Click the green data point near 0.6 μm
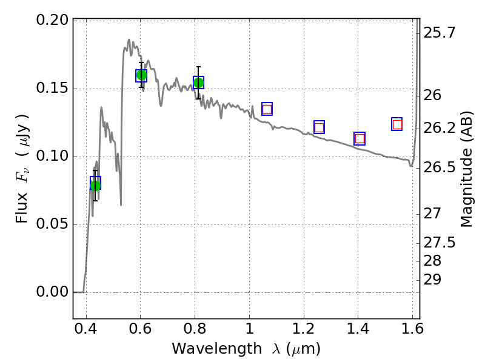[x=141, y=75]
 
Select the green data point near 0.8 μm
[x=198, y=83]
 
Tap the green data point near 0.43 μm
[x=95, y=185]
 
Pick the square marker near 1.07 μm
[x=267, y=109]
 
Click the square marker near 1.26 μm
[x=319, y=127]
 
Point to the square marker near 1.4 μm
[x=360, y=138]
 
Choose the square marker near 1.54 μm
[x=397, y=124]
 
